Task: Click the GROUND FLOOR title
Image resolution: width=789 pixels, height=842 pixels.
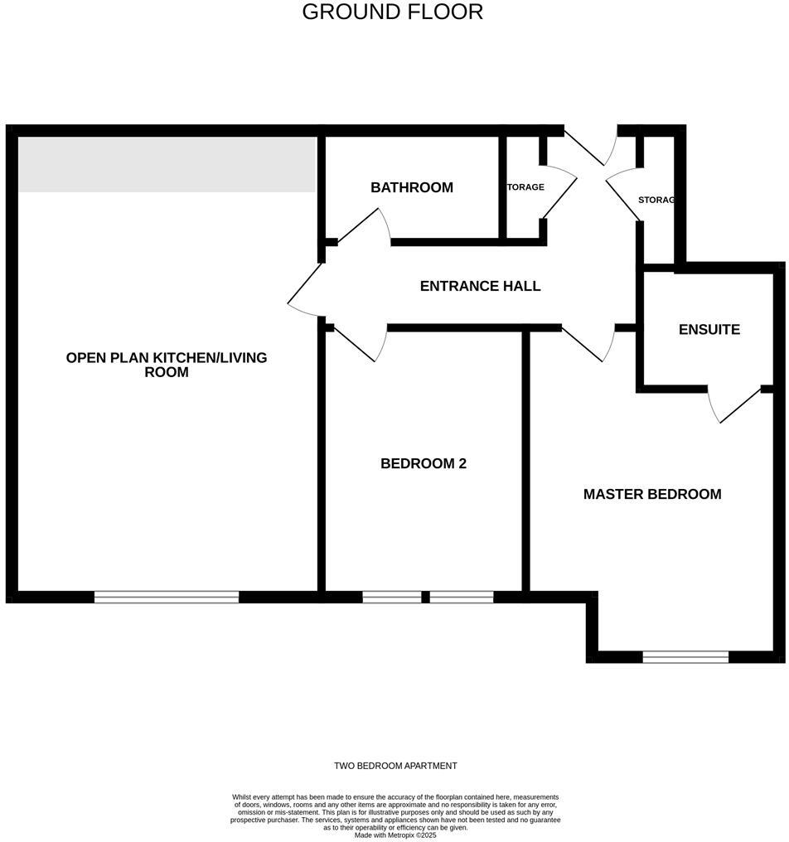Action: (x=392, y=12)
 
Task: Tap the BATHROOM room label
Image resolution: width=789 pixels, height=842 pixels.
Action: (x=412, y=187)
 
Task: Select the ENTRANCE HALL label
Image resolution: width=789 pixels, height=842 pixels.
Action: (x=480, y=286)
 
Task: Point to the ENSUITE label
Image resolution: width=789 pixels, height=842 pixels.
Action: (x=709, y=329)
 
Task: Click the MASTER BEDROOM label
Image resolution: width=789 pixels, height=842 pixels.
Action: (x=651, y=494)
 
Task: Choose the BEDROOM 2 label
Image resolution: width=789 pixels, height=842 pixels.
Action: (x=423, y=463)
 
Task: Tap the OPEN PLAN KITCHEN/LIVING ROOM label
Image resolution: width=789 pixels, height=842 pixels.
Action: (x=167, y=365)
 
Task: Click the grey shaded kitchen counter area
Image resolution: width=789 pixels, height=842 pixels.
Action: (x=167, y=164)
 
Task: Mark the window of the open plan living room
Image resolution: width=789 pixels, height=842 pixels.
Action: (x=167, y=597)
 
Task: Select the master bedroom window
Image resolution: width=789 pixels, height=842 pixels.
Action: (x=685, y=657)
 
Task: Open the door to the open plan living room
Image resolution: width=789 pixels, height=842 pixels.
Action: (x=305, y=290)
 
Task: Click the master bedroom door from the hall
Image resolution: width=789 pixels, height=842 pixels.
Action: (x=587, y=343)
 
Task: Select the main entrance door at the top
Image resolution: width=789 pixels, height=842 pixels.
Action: (x=590, y=145)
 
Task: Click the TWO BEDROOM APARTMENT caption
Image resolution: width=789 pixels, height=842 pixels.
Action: (x=395, y=766)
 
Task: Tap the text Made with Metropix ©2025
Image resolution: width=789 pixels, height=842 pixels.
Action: (x=395, y=835)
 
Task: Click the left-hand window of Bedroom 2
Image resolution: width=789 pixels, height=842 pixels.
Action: (x=391, y=597)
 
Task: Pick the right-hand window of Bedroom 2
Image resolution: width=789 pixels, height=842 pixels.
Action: (x=462, y=597)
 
